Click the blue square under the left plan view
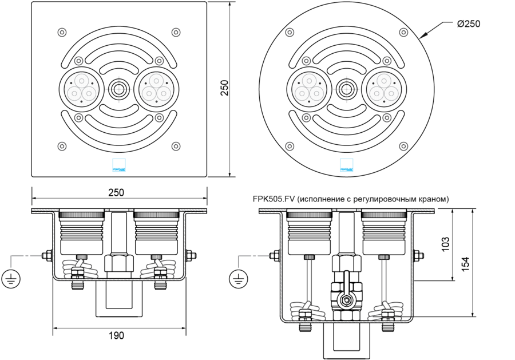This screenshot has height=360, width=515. pos(118,165)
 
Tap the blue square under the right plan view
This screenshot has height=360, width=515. pos(346,165)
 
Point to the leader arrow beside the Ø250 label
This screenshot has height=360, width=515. pos(432,30)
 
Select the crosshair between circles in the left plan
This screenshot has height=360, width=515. pos(119,89)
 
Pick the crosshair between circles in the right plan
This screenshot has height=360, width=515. pos(347,89)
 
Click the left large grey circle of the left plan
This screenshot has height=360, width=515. pos(81,89)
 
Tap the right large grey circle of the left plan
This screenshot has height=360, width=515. pos(156,89)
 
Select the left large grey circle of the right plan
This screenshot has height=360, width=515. pos(309,89)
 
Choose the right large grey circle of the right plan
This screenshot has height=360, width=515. pos(384,89)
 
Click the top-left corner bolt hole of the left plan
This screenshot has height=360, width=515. pos(62,32)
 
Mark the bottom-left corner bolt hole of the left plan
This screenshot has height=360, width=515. pos(62,147)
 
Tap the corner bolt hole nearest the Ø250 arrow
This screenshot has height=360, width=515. pos(404,32)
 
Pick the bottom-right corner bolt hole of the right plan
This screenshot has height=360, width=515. pos(404,147)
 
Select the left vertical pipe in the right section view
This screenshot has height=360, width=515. pos(308,280)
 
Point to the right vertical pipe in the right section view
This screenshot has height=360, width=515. pos(384,280)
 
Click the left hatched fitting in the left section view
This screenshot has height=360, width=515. pos(80,268)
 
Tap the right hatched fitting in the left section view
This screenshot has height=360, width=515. pos(158,268)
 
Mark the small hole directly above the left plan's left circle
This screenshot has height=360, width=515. pos(79,61)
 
